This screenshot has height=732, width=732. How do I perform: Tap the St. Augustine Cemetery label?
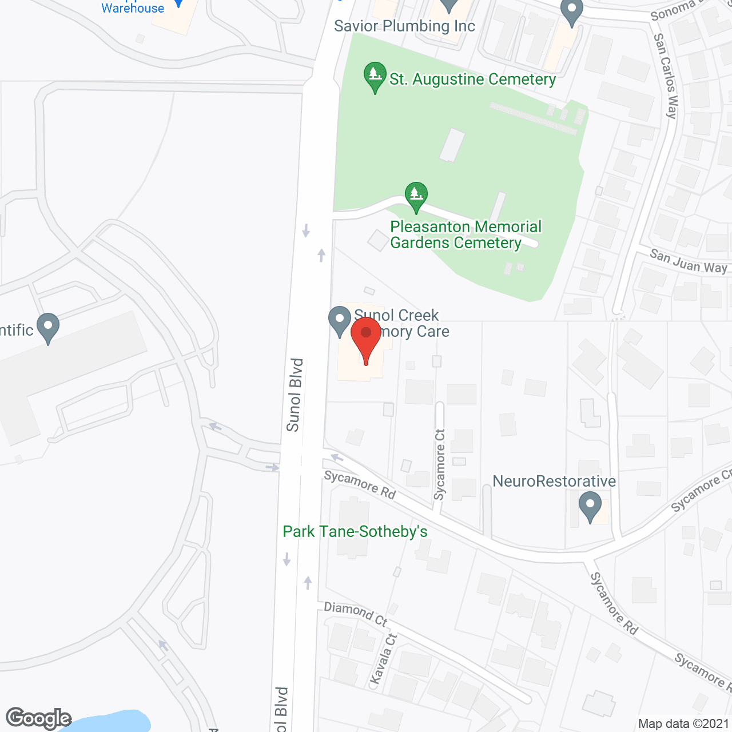pos(472,79)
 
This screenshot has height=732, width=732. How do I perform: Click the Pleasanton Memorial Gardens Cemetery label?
pos(466,235)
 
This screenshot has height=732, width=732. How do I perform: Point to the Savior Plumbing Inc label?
pos(404,26)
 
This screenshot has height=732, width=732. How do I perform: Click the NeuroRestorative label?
pos(554,482)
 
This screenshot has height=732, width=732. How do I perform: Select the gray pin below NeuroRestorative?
pos(590,507)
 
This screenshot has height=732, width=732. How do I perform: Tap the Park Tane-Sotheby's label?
pos(355,532)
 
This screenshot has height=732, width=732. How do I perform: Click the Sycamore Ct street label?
pos(440,465)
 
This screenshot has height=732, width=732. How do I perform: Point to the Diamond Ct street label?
pos(356,614)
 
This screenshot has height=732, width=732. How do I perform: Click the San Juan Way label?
pos(688,261)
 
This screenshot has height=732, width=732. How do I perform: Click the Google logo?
pos(39,718)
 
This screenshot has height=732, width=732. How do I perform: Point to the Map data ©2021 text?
pos(683,724)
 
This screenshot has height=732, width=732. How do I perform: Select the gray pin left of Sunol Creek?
pos(339,321)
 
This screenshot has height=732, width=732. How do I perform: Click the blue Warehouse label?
pos(133,8)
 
